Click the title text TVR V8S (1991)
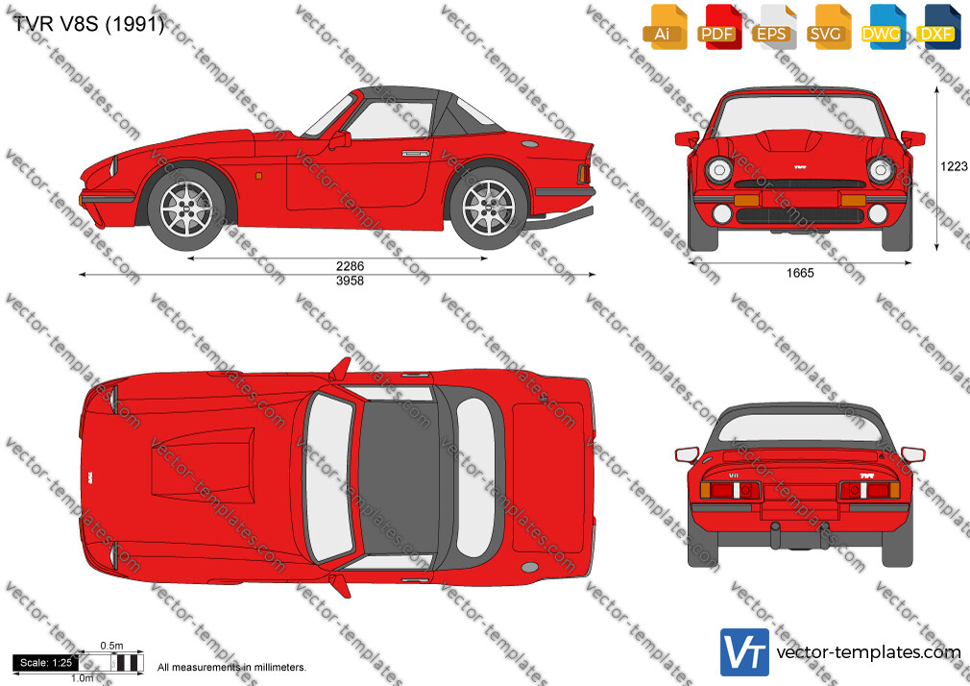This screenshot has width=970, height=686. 88,24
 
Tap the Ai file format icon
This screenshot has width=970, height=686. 665,27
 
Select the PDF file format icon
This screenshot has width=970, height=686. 718,27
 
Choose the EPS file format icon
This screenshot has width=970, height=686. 773,27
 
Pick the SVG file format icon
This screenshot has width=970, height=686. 828,27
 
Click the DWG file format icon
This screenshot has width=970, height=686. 883,27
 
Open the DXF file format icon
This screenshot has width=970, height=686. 937,27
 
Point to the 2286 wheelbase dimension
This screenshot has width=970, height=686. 351,265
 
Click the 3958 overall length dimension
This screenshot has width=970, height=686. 351,281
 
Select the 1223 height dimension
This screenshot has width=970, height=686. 954,166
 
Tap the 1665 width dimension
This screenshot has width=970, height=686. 800,273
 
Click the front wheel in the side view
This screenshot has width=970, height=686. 187,208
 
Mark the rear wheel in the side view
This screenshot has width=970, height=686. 488,208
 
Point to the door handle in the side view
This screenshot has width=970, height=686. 415,153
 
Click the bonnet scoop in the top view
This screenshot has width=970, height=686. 203,464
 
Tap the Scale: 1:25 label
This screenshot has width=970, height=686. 46,663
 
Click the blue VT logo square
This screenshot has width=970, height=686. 744,652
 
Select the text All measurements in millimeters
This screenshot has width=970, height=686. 231,668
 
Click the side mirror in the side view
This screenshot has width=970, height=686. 339,140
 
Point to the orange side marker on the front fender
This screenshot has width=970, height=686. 258,177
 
